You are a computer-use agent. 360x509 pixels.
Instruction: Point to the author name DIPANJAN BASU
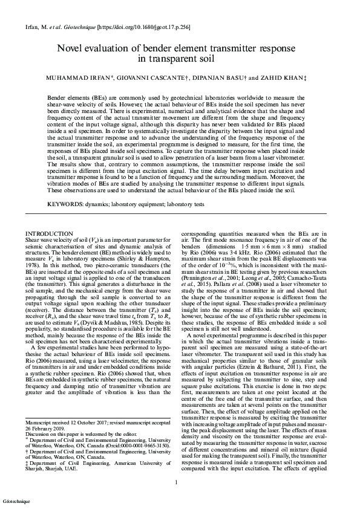pyautogui.click(x=221, y=79)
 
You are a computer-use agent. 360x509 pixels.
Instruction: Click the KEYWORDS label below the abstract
pyautogui.click(x=64, y=205)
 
